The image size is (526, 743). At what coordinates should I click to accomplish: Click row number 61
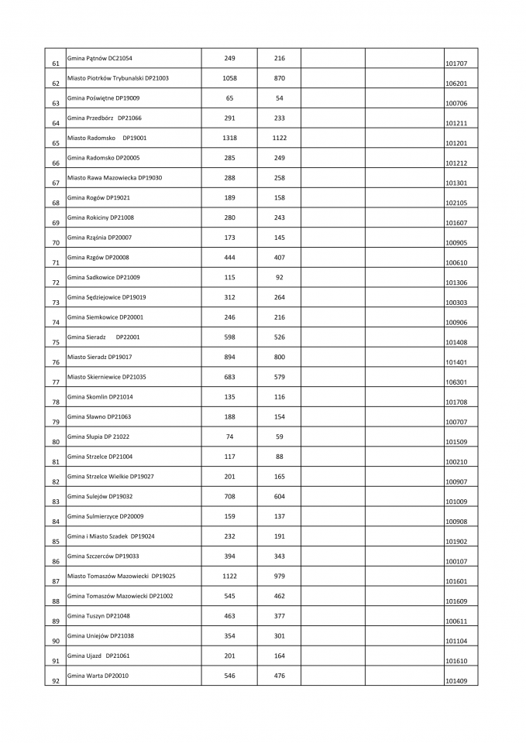(x=55, y=63)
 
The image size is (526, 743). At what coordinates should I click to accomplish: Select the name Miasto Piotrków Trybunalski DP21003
(x=118, y=78)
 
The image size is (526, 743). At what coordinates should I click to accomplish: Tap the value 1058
(x=229, y=78)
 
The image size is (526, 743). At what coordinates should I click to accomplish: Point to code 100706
(x=456, y=104)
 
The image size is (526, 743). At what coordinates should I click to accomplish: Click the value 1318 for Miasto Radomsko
(x=229, y=138)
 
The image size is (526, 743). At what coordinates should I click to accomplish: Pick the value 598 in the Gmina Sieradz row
(x=229, y=337)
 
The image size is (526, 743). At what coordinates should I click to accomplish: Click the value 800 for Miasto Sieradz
(x=280, y=357)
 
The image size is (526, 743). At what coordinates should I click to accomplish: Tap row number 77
(x=55, y=382)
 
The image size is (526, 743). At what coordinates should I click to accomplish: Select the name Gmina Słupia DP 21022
(x=98, y=437)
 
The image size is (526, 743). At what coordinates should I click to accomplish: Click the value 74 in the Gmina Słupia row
(x=229, y=437)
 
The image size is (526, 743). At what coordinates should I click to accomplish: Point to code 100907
(x=456, y=481)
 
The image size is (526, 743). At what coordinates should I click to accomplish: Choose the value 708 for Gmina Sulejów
(x=229, y=496)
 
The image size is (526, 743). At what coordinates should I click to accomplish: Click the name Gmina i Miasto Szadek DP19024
(x=111, y=536)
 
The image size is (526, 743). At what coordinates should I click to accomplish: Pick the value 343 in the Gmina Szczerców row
(x=280, y=556)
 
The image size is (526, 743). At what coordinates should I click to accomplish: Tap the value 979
(x=280, y=576)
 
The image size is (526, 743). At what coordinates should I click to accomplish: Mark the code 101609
(x=456, y=601)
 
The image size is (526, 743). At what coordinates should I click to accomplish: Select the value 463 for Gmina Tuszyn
(x=229, y=615)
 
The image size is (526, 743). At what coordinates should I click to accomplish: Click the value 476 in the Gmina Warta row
(x=280, y=676)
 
